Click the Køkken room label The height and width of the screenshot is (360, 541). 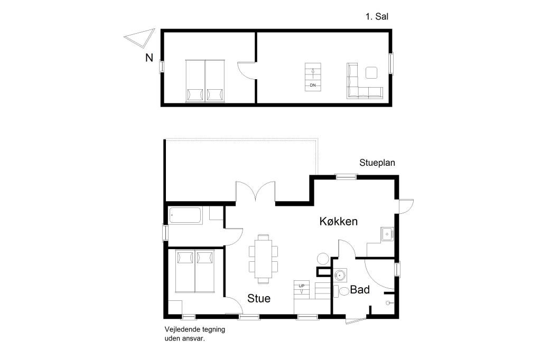338,221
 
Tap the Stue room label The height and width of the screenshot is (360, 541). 259,298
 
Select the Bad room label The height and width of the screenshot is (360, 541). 360,290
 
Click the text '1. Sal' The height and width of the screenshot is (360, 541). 377,16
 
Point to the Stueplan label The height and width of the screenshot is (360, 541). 377,163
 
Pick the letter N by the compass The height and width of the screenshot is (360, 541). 149,58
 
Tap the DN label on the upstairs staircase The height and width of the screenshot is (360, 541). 313,85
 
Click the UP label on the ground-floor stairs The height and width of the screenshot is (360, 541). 302,286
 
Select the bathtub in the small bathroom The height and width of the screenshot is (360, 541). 185,215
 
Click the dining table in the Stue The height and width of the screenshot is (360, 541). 263,259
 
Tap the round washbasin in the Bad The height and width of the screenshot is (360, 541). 341,276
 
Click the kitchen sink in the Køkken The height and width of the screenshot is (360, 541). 387,234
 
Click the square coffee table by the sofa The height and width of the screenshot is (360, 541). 371,72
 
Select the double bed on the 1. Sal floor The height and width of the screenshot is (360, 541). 206,81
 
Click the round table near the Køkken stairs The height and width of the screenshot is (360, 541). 323,259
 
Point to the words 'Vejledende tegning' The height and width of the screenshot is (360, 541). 194,329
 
